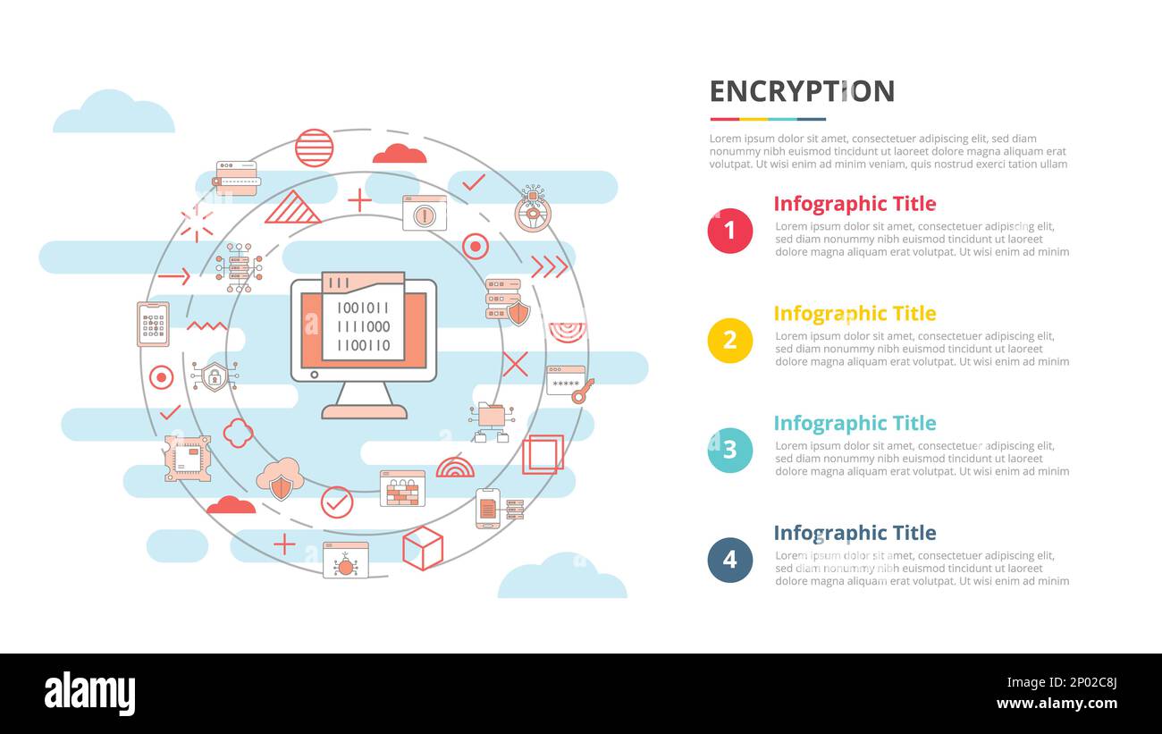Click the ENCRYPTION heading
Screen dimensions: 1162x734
coord(802,91)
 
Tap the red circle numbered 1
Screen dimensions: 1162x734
coord(729,231)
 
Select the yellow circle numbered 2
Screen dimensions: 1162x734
coord(729,341)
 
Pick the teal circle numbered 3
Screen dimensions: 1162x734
coord(729,450)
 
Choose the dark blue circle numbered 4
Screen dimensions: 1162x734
coord(729,560)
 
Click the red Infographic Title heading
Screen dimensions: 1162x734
coord(854,204)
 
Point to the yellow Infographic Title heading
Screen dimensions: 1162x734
coord(854,314)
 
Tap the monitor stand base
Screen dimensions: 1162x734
coord(364,411)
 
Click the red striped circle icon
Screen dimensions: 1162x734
coord(314,148)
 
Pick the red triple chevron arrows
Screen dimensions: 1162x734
coord(549,267)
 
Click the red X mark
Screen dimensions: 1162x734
coord(515,364)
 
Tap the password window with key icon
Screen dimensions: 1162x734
coord(569,384)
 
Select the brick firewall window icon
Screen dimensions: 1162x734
coord(402,488)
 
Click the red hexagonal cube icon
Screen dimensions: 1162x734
coord(423,547)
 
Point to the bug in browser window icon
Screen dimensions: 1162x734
coord(346,560)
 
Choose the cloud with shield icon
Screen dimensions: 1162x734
coord(281,479)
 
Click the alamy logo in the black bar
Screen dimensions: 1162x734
coord(89,695)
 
